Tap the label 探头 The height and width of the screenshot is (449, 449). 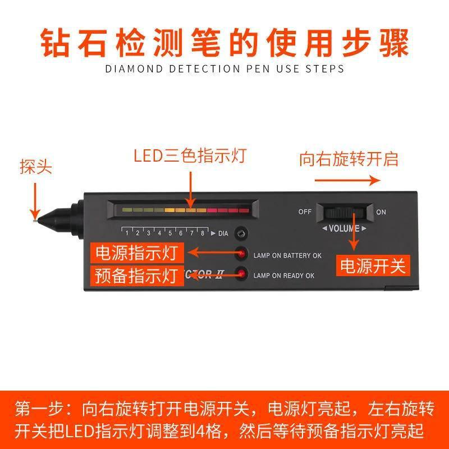(x=36, y=168)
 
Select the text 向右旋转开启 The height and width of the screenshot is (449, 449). (x=348, y=159)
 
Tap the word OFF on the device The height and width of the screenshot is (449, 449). (x=305, y=212)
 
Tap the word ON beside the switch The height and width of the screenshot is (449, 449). (x=381, y=212)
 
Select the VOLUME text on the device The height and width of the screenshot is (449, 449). (x=343, y=228)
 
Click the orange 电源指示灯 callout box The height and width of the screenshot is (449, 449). (x=138, y=253)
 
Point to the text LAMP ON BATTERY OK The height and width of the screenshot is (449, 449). (x=287, y=255)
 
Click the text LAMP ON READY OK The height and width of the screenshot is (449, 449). (x=283, y=276)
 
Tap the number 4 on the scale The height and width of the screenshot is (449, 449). (x=159, y=233)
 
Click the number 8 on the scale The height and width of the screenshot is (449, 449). (x=202, y=233)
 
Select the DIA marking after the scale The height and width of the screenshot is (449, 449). (x=223, y=233)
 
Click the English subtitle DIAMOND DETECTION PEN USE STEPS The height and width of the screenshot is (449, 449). (x=224, y=68)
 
